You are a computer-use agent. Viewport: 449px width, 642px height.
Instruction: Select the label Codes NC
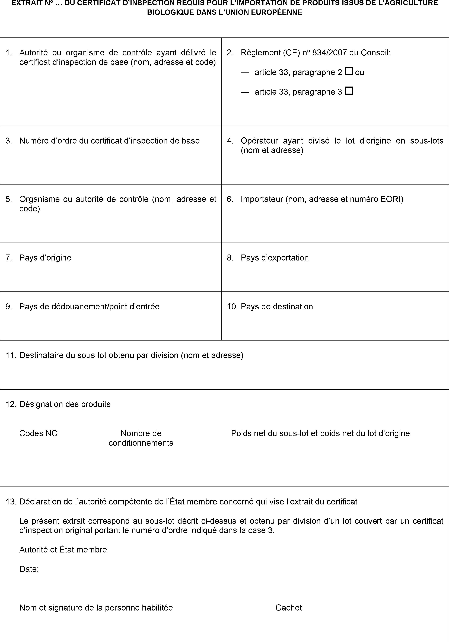click(x=38, y=433)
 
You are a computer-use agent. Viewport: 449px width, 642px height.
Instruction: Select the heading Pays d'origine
click(x=45, y=258)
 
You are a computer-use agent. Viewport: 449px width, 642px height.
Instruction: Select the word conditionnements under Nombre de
click(x=141, y=443)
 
